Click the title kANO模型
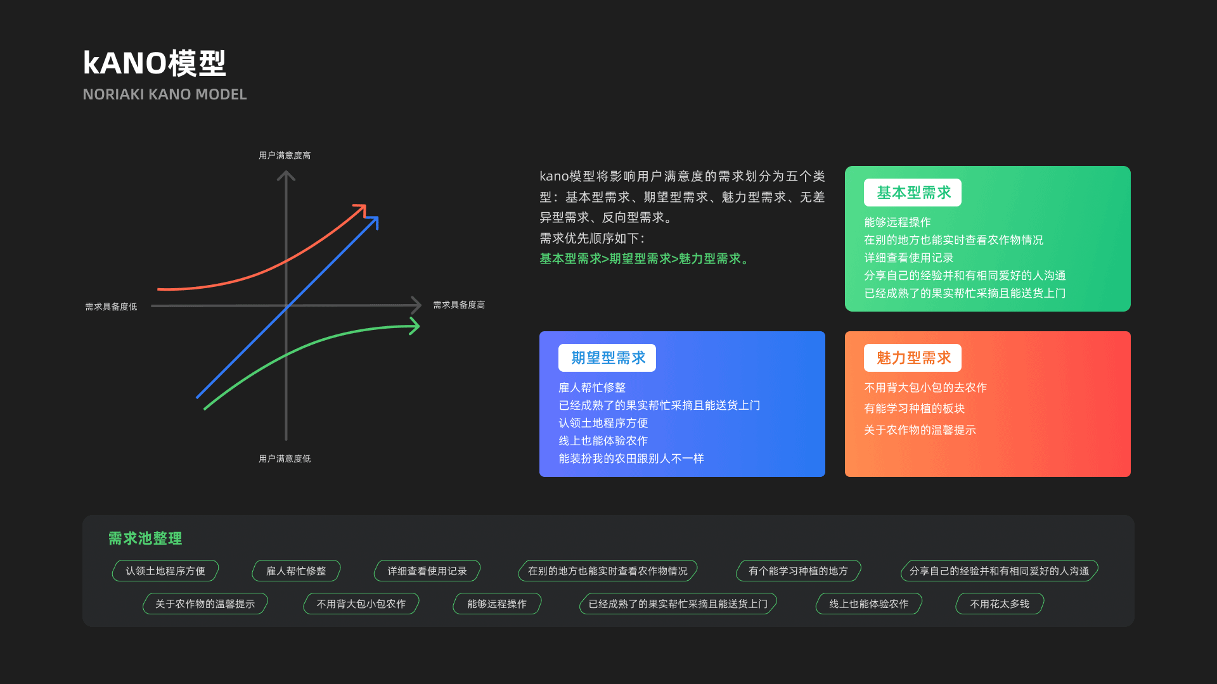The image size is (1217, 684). (x=154, y=63)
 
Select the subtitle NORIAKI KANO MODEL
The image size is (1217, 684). (x=164, y=94)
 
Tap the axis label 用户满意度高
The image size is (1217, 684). (x=285, y=155)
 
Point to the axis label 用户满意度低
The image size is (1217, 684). (x=285, y=459)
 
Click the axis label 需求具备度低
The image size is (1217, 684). (x=111, y=307)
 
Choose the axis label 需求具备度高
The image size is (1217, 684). (x=459, y=305)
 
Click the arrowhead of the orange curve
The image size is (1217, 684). (x=361, y=209)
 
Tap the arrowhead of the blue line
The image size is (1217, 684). (x=373, y=221)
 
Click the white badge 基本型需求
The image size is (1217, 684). (x=913, y=193)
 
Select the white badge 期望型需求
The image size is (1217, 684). (x=607, y=358)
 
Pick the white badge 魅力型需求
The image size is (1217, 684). (x=913, y=358)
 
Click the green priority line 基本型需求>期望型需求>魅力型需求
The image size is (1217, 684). (x=644, y=258)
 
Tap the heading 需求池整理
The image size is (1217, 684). (x=145, y=538)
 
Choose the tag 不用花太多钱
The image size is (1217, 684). (x=1000, y=604)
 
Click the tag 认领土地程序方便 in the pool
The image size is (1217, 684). (x=165, y=571)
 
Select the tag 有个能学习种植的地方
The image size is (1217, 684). (x=798, y=571)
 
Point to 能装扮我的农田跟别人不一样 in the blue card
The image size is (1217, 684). (x=631, y=458)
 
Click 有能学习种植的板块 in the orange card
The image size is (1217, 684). (x=914, y=408)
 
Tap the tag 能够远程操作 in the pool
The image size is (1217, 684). (x=497, y=604)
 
